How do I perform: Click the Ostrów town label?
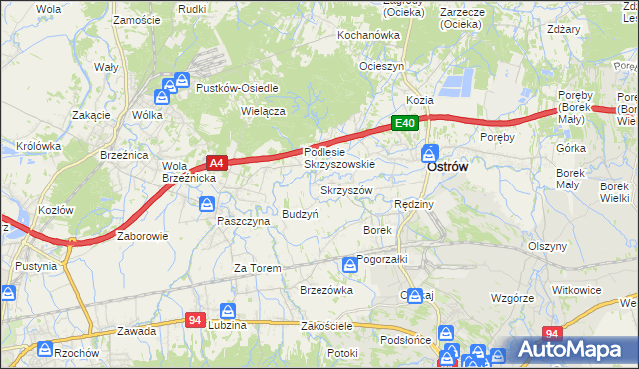(447, 168)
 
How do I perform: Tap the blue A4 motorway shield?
(217, 161)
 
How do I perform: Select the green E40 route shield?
(403, 123)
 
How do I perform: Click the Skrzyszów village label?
(346, 190)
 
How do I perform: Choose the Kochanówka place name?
(368, 34)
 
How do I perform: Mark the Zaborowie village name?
(143, 237)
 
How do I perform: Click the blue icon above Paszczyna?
(206, 204)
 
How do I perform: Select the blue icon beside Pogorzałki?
(349, 264)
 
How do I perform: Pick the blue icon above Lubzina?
(228, 311)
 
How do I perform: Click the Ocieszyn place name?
(381, 66)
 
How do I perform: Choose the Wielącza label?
(264, 111)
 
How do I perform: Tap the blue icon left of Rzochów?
(44, 349)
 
